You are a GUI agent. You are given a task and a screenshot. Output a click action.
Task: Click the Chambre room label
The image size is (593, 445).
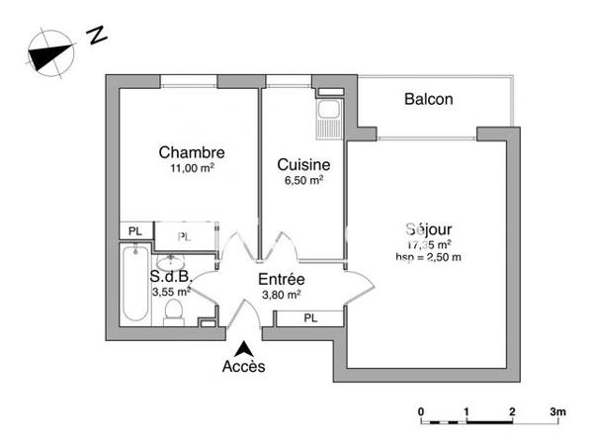[192, 152]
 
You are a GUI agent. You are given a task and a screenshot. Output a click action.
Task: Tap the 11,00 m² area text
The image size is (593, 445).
[192, 168]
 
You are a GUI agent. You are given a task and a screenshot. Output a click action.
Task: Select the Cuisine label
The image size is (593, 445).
[302, 164]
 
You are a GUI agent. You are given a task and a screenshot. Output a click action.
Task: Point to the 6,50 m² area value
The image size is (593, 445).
[302, 180]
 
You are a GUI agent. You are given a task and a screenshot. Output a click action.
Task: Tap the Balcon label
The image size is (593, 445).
[428, 99]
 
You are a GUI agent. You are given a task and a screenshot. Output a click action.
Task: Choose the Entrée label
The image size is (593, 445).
[281, 280]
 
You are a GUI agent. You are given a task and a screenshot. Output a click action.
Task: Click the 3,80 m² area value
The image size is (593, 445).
[281, 295]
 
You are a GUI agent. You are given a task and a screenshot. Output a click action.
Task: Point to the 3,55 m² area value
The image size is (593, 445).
[170, 293]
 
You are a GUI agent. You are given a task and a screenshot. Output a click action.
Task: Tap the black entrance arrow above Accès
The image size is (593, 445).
[243, 348]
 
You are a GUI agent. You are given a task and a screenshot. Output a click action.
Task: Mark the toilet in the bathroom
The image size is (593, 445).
[174, 312]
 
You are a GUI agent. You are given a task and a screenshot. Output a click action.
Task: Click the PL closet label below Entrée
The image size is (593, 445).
[309, 318]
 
